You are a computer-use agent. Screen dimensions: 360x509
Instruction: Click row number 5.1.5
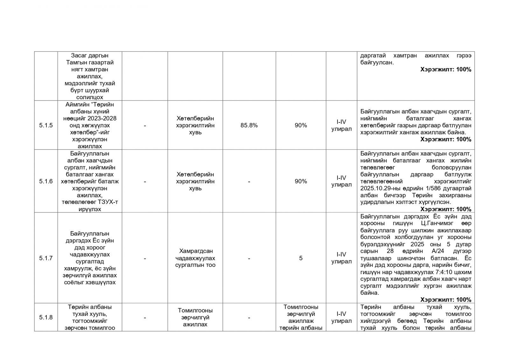(x=46, y=125)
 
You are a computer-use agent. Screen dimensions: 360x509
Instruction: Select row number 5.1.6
(x=46, y=181)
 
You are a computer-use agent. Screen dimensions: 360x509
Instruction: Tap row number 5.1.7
(x=46, y=258)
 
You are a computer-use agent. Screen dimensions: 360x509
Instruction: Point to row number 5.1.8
(x=46, y=317)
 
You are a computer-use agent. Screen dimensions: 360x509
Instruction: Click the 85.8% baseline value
(x=249, y=125)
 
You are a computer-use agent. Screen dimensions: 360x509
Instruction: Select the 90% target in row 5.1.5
(x=301, y=125)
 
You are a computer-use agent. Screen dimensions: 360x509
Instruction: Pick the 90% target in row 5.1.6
(x=301, y=181)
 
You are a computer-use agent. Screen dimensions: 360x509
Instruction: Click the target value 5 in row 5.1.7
(x=301, y=258)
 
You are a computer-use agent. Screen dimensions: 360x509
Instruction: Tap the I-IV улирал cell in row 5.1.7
(x=341, y=258)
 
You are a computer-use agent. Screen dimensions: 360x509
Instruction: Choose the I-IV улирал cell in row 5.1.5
(x=341, y=125)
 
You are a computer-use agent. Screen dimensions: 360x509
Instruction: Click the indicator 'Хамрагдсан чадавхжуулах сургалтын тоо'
(x=195, y=258)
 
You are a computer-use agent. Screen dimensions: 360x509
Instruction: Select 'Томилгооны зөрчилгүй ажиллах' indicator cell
(x=195, y=317)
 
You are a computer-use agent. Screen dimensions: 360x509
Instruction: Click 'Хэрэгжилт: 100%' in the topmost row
(x=446, y=69)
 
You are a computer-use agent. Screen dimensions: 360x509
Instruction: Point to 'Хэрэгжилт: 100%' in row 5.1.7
(x=446, y=300)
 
